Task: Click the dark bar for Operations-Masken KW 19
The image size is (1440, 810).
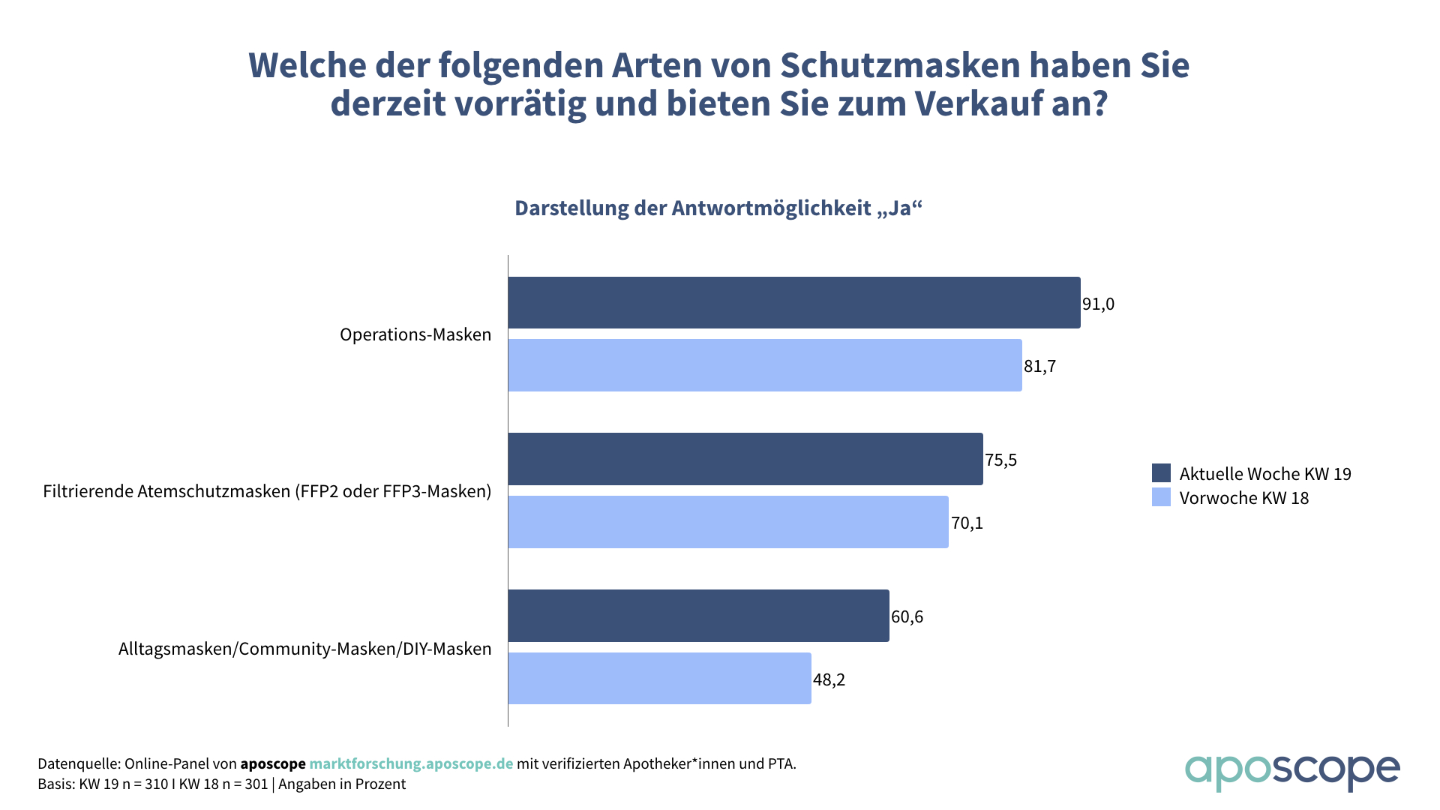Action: pyautogui.click(x=793, y=302)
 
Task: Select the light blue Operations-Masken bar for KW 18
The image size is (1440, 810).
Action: pyautogui.click(x=764, y=365)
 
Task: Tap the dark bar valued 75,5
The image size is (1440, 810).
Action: pyautogui.click(x=745, y=459)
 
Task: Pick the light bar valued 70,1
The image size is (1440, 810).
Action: pyautogui.click(x=727, y=522)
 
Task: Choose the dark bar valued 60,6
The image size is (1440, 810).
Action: pyautogui.click(x=698, y=616)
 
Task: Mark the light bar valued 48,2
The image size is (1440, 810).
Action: pyautogui.click(x=659, y=678)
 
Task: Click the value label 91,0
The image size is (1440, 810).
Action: pyautogui.click(x=1098, y=304)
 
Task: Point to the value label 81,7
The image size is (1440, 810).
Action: pyautogui.click(x=1039, y=366)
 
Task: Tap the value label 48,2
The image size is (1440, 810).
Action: pyautogui.click(x=829, y=679)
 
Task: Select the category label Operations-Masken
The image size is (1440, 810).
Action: pyautogui.click(x=415, y=334)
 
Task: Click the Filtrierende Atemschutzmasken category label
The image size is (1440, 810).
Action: pyautogui.click(x=267, y=491)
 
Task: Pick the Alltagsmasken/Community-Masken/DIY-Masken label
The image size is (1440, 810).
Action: pyautogui.click(x=304, y=649)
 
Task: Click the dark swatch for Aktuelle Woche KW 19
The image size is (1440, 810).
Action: pyautogui.click(x=1161, y=472)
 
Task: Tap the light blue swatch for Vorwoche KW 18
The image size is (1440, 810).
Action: pyautogui.click(x=1161, y=497)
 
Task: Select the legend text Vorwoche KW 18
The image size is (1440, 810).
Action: pyautogui.click(x=1243, y=498)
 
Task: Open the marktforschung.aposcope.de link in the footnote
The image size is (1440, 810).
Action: pyautogui.click(x=411, y=763)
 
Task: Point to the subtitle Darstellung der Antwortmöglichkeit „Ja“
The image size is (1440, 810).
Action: pyautogui.click(x=718, y=208)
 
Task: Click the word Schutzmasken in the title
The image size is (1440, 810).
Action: pyautogui.click(x=900, y=65)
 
